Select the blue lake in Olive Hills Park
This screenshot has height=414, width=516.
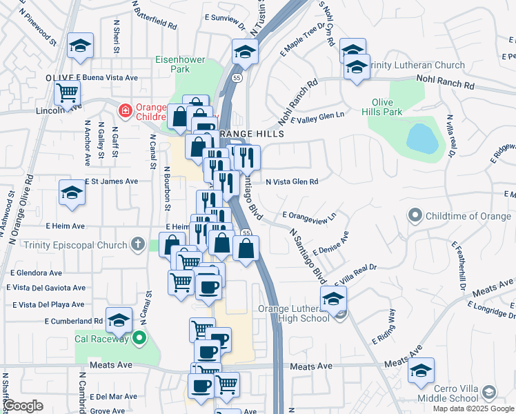422,139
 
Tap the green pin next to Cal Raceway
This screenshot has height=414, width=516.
140,338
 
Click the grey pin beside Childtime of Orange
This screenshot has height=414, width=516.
415,217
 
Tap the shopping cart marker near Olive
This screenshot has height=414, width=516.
68,92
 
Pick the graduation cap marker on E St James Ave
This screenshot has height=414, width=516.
72,193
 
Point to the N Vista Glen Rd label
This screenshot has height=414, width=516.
292,182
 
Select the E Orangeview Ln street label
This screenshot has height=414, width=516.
308,216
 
